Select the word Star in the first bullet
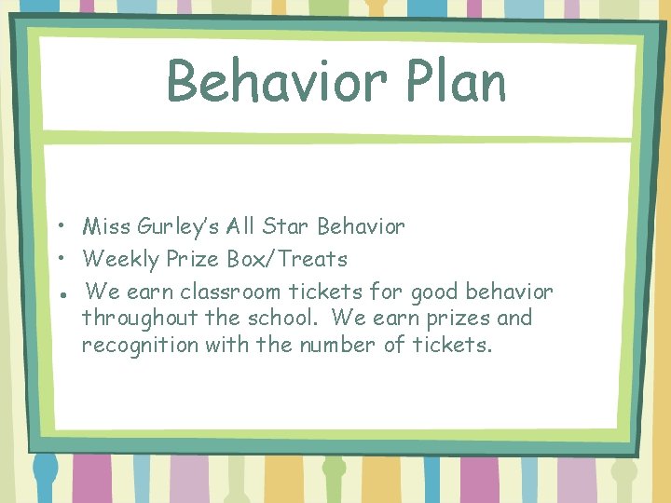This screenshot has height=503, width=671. click(x=286, y=226)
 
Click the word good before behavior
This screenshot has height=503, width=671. click(x=434, y=292)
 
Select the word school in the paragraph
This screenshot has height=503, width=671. click(x=281, y=319)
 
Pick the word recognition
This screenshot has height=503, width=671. click(x=140, y=346)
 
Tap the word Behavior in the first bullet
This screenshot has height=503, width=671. click(x=361, y=226)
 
